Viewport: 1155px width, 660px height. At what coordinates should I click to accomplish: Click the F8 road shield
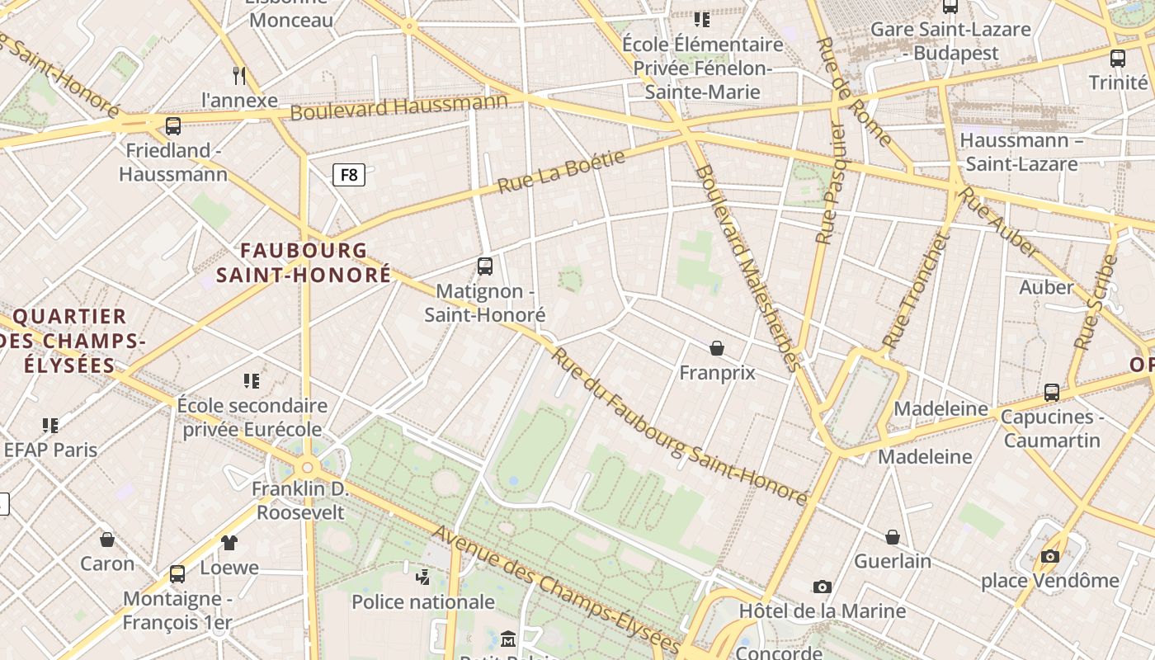pos(349,174)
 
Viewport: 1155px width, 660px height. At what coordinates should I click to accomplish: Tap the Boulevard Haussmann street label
pos(398,107)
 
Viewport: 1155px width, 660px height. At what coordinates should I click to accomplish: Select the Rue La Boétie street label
pos(561,172)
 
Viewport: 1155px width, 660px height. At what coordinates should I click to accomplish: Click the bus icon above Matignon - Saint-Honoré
pos(485,266)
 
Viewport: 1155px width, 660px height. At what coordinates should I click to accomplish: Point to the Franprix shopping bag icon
pos(717,348)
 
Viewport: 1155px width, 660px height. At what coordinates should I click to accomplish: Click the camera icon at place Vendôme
pos(1049,556)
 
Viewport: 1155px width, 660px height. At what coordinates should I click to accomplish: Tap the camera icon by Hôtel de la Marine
pos(822,587)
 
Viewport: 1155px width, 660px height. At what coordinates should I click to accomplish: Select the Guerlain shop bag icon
pos(893,537)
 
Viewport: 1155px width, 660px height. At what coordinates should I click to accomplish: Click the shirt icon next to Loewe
pos(229,543)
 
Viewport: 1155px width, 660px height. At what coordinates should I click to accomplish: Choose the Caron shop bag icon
pos(107,540)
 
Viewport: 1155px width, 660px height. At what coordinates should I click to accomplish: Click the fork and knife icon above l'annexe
pos(239,76)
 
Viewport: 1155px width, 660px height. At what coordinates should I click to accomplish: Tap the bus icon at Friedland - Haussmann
pos(173,126)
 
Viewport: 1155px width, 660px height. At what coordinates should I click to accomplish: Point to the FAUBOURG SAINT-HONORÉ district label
pos(304,262)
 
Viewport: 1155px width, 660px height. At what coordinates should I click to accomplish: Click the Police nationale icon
pos(423,577)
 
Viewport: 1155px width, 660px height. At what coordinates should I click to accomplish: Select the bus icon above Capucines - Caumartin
pos(1051,393)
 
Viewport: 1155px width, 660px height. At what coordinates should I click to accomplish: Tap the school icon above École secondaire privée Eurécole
pos(252,381)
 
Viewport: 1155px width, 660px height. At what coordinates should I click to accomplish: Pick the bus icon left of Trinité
pos(1118,59)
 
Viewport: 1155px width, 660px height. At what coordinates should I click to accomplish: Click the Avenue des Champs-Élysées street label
pos(557,588)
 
